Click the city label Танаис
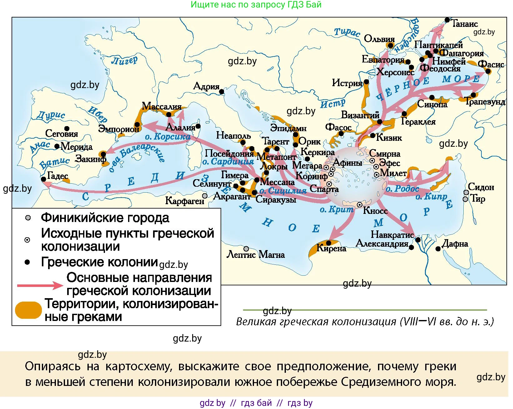pyautogui.click(x=465, y=24)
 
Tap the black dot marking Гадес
pyautogui.click(x=43, y=179)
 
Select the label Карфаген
pyautogui.click(x=184, y=201)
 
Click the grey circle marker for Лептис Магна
pyautogui.click(x=246, y=249)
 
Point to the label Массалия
pyautogui.click(x=162, y=106)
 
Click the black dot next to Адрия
pyautogui.click(x=222, y=91)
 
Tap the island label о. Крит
pyautogui.click(x=336, y=209)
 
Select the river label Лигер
pyautogui.click(x=124, y=60)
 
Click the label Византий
pyautogui.click(x=360, y=115)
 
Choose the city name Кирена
pyautogui.click(x=331, y=249)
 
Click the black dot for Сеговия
pyautogui.click(x=67, y=128)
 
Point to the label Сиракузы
pyautogui.click(x=276, y=200)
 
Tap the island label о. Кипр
pyautogui.click(x=431, y=197)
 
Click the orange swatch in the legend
pyautogui.click(x=28, y=310)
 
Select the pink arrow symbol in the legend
pyautogui.click(x=40, y=285)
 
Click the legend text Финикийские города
pyautogui.click(x=105, y=218)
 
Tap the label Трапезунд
pyautogui.click(x=485, y=101)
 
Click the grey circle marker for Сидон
pyautogui.click(x=466, y=192)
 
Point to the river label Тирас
pyautogui.click(x=347, y=32)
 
